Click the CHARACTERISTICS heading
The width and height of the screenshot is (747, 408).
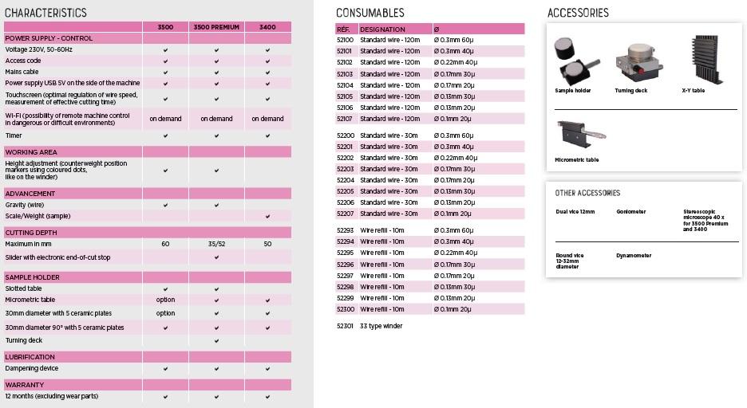[45, 13]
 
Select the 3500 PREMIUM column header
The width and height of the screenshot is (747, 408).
[216, 27]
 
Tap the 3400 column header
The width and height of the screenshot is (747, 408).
[267, 27]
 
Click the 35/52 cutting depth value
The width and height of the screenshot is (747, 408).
[216, 244]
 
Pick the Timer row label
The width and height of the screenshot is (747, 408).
[15, 135]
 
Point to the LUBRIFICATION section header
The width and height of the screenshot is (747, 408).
[30, 357]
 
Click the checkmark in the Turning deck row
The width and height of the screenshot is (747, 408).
[216, 340]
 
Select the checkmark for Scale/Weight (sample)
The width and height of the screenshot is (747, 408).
[267, 217]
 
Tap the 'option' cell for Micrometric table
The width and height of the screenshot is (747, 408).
[165, 300]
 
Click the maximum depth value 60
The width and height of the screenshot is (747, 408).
[165, 244]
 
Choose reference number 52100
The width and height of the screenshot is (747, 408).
[345, 40]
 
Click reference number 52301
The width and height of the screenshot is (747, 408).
[345, 326]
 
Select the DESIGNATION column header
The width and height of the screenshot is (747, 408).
[382, 29]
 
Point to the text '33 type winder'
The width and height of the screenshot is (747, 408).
[381, 326]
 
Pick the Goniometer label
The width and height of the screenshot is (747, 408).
[631, 212]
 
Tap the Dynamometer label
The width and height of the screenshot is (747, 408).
[634, 256]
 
